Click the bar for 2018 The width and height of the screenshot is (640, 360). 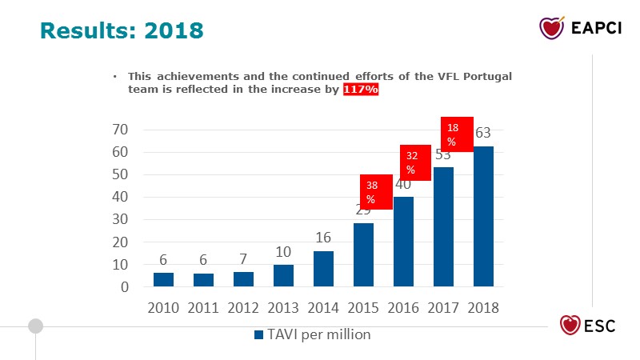pyautogui.click(x=483, y=216)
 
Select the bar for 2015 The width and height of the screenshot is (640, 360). pyautogui.click(x=363, y=254)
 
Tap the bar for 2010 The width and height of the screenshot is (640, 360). pyautogui.click(x=163, y=279)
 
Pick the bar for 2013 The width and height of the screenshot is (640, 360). pyautogui.click(x=283, y=275)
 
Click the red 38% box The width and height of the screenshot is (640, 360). pyautogui.click(x=376, y=192)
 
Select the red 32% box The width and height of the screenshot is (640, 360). pyautogui.click(x=415, y=162)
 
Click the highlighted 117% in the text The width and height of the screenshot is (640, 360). pyautogui.click(x=361, y=90)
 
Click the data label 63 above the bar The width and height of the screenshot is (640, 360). pyautogui.click(x=483, y=133)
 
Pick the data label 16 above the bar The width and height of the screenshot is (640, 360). pyautogui.click(x=323, y=238)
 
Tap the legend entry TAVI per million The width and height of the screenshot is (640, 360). pyautogui.click(x=312, y=334)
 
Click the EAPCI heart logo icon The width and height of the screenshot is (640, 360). pyautogui.click(x=552, y=28)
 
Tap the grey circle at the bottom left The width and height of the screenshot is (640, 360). pyautogui.click(x=35, y=326)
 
